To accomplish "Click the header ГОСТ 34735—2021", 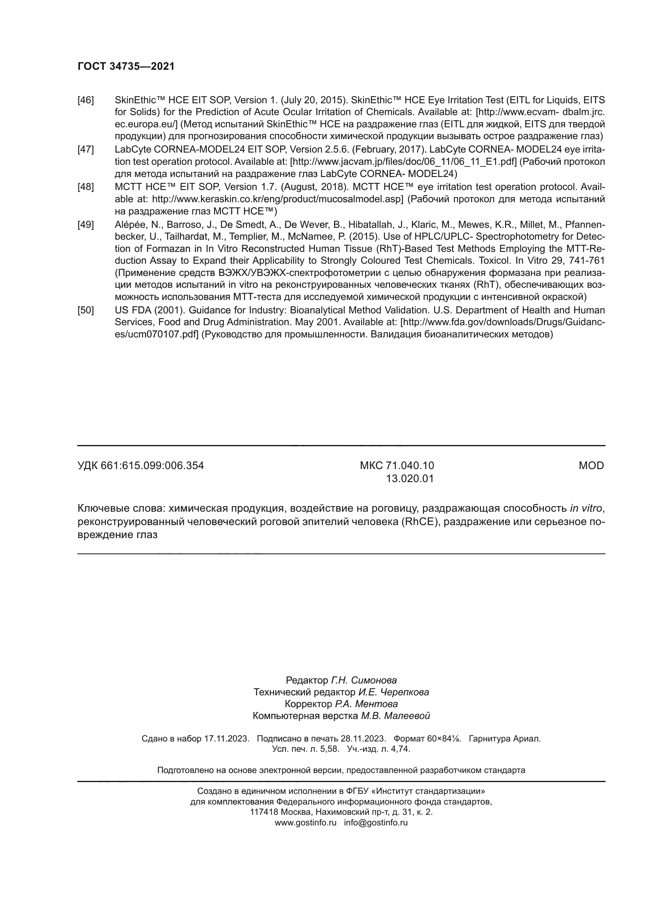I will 126,66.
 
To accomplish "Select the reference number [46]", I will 86,100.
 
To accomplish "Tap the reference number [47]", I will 86,150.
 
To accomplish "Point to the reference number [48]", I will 86,187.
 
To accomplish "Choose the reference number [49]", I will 86,224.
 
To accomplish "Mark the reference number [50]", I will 86,310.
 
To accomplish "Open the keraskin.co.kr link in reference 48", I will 277,199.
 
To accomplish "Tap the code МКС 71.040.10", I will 397,466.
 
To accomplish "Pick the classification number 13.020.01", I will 410,479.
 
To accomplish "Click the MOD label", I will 591,466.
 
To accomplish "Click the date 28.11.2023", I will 363,739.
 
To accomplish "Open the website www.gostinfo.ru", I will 306,822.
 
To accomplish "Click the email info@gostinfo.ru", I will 375,822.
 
